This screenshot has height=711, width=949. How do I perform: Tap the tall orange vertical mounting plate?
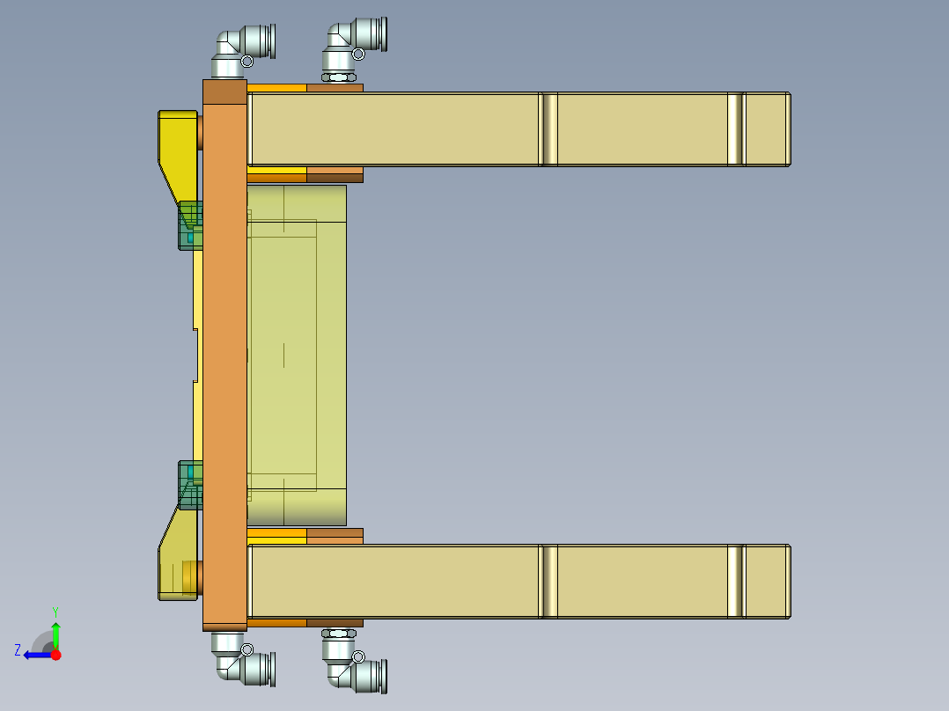(x=224, y=352)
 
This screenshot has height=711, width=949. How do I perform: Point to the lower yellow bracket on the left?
(x=179, y=559)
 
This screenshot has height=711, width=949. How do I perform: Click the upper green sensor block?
(x=190, y=225)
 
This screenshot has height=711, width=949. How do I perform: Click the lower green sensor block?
(x=190, y=485)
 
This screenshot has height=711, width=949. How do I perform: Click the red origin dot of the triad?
(x=56, y=655)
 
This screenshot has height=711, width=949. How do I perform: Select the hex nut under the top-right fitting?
(x=339, y=77)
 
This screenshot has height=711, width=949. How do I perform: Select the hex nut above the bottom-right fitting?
(x=339, y=632)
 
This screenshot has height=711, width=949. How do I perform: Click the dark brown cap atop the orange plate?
(x=224, y=92)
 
